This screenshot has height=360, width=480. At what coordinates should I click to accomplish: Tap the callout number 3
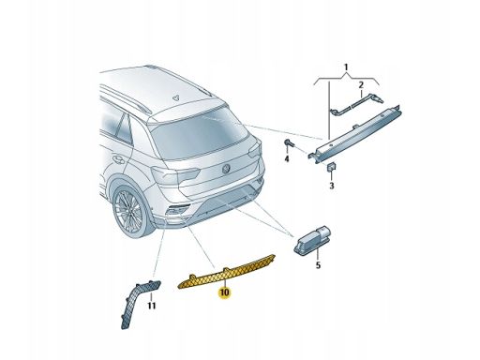(331, 187)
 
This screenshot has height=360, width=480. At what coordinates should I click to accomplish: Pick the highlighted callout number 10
(224, 292)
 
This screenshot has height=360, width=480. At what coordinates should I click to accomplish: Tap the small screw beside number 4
(288, 143)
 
